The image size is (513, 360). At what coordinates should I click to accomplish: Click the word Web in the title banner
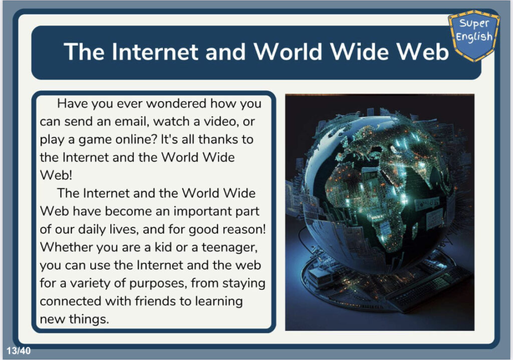(422, 52)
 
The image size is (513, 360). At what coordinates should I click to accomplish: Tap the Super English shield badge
(474, 36)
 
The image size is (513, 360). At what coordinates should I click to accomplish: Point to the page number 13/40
(19, 351)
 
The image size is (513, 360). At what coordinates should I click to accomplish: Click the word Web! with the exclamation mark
(56, 176)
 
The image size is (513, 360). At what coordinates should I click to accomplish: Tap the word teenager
(229, 248)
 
